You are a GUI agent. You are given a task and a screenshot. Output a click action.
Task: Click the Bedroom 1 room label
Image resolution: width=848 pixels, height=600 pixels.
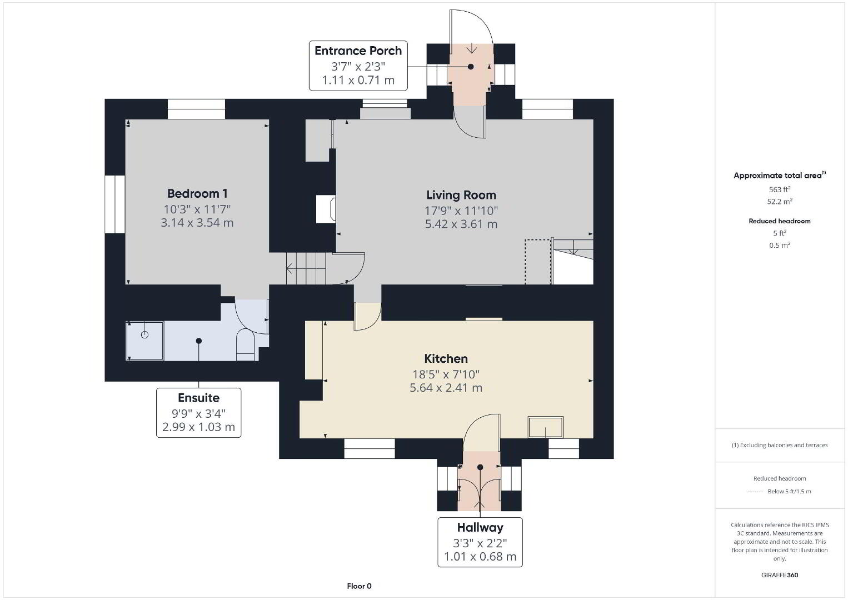pos(197,193)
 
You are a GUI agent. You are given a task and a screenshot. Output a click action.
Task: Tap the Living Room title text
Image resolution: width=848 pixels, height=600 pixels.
pos(461,195)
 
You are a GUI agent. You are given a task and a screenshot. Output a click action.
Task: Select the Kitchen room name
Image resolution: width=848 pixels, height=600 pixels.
pos(446,358)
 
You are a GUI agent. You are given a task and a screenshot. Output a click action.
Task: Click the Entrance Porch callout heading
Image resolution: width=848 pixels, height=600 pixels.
pos(358,51)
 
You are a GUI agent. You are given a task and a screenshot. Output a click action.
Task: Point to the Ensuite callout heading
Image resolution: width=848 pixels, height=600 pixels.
pos(199,398)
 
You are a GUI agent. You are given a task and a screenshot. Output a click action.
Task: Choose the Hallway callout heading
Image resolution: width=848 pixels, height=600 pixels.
pos(480,527)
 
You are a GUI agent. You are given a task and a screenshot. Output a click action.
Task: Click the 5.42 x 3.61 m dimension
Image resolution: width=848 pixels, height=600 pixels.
pos(461,224)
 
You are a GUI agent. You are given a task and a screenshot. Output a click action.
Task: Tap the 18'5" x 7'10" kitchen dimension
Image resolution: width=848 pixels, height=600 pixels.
pos(446,374)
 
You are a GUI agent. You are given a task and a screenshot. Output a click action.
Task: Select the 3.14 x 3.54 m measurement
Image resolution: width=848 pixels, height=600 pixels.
pos(197,223)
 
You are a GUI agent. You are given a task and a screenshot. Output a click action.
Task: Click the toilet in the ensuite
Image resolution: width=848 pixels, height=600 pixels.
pos(245,344)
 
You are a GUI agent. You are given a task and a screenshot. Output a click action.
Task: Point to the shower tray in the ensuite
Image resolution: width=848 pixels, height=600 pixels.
pos(144,341)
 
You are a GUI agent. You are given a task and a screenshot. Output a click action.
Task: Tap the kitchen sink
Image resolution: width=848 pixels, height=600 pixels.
pos(546,427)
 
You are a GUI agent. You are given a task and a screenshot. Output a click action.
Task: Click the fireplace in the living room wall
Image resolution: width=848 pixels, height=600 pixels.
pos(326,209)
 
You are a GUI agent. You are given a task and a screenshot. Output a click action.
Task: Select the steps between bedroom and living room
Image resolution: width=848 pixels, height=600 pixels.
pos(306,268)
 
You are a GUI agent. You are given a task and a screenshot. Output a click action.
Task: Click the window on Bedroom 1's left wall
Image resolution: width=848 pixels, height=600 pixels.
pos(114,204)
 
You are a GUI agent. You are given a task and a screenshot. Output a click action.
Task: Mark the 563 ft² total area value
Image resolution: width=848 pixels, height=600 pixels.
pos(780,189)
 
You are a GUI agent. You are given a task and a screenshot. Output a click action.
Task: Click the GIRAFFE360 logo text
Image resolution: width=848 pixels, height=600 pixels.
pos(780,575)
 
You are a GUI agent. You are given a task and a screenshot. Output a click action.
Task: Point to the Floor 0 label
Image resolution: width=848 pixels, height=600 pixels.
pos(360,586)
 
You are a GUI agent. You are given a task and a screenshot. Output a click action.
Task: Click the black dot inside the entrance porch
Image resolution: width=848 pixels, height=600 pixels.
pos(471,67)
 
